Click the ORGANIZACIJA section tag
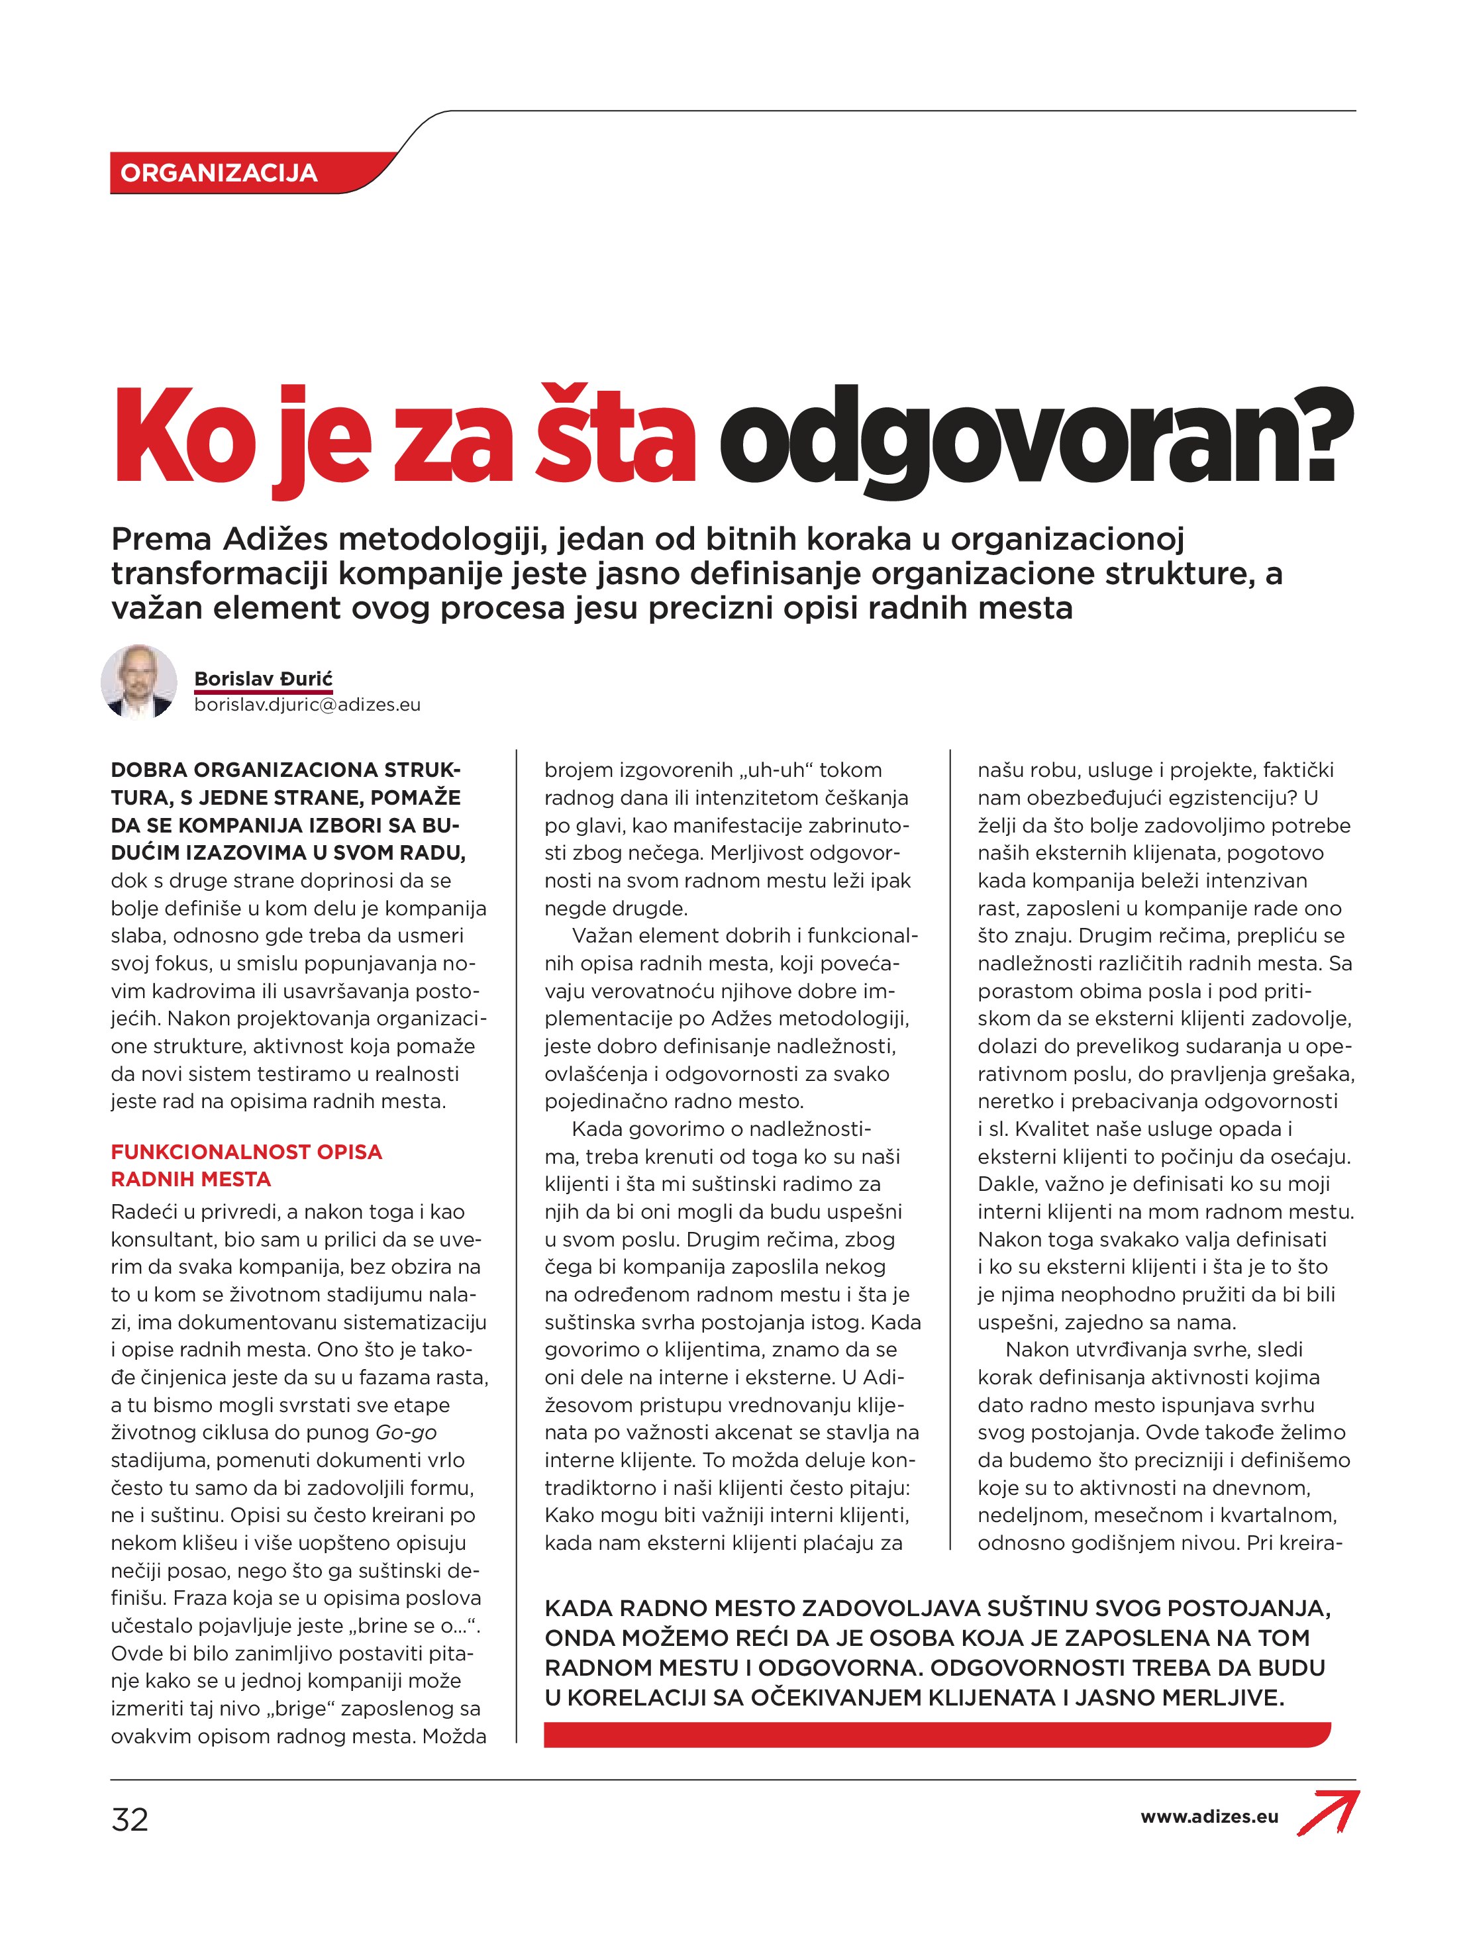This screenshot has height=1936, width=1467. click(219, 172)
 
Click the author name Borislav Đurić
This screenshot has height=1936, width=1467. click(264, 679)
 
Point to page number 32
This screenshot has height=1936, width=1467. click(130, 1819)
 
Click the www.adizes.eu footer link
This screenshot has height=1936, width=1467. click(1209, 1817)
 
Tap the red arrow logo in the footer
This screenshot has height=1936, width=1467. click(1329, 1811)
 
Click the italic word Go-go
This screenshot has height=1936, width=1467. click(406, 1433)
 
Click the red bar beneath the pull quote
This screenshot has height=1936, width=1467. click(936, 1735)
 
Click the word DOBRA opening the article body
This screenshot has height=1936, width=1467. click(149, 770)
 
